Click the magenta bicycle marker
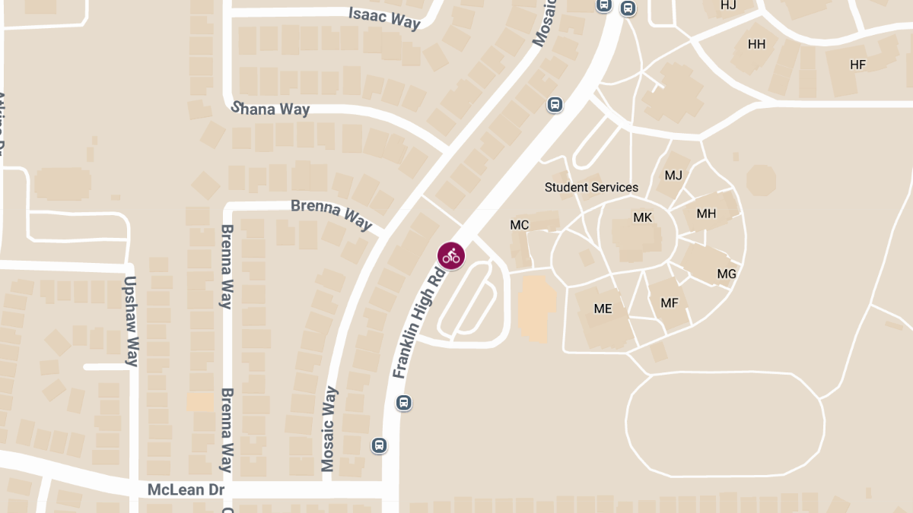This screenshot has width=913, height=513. point(451,256)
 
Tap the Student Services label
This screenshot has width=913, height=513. point(591,187)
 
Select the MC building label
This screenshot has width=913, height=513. point(520,225)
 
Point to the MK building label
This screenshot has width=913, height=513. point(643,218)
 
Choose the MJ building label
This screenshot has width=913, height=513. point(673,176)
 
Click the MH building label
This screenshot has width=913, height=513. point(706,214)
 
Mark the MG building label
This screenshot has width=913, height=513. point(727,274)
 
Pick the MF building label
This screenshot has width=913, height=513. point(670,303)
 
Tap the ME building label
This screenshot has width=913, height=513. point(603,309)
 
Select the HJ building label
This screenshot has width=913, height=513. point(728,6)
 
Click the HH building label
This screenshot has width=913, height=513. point(756,44)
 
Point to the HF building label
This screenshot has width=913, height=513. point(857,65)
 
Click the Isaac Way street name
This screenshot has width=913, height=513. point(384,18)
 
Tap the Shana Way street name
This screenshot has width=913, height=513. point(271,109)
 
